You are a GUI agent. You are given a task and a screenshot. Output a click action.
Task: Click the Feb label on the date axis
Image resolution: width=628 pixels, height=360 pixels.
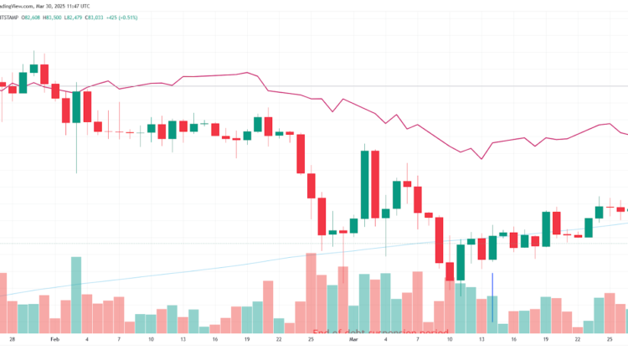54,340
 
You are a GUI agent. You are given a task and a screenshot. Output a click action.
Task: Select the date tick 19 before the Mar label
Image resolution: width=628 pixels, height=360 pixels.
247,340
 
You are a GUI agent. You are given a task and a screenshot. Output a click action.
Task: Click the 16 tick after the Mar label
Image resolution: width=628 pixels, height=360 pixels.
514,340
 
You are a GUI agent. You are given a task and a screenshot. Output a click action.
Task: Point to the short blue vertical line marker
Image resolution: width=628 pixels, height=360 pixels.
492,296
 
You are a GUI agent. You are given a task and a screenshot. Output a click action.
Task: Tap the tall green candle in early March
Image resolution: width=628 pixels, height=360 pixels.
364,184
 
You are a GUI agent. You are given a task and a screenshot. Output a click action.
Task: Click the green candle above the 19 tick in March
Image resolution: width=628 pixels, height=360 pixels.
546,229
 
